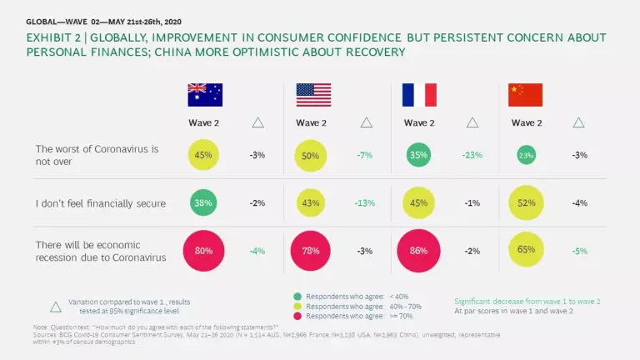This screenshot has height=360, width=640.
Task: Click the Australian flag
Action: click(x=204, y=94)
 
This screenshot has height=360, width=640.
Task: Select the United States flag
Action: click(x=313, y=94)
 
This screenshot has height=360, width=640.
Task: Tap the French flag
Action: click(x=420, y=94)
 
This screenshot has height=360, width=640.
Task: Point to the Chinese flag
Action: click(x=525, y=94)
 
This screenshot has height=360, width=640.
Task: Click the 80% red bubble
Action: click(x=203, y=251)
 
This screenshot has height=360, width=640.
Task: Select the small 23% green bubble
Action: click(x=526, y=155)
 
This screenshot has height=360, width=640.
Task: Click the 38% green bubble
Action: click(x=203, y=202)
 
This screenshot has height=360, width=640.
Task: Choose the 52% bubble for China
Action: click(x=526, y=202)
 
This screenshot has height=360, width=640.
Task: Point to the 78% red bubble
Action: click(x=313, y=251)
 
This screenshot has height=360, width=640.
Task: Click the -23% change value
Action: click(x=472, y=155)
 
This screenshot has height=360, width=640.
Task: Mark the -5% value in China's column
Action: click(x=578, y=251)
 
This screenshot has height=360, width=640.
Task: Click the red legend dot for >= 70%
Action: click(x=297, y=317)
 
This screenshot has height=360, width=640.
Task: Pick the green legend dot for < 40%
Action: click(x=297, y=297)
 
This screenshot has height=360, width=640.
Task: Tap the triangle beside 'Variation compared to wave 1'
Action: click(x=56, y=305)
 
